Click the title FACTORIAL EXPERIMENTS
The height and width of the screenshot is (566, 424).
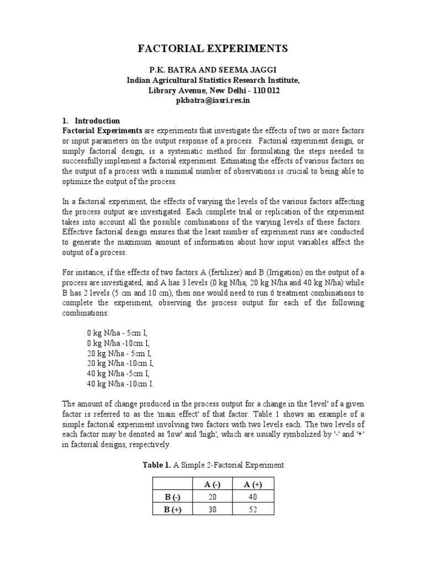click(213, 49)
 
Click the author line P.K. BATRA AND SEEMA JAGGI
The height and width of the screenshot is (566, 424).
click(213, 70)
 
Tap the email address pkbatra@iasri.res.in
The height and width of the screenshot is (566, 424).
click(213, 100)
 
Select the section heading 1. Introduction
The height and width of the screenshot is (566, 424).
click(91, 120)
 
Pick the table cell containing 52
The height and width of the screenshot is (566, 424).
click(253, 510)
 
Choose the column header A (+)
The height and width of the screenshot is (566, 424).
click(253, 484)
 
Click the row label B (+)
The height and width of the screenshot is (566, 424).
click(173, 510)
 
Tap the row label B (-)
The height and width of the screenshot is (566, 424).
click(173, 496)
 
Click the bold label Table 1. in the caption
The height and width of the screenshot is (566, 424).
click(157, 465)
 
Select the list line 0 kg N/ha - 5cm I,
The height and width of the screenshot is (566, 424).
click(118, 333)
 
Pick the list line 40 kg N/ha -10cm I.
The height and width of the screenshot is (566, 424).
click(120, 383)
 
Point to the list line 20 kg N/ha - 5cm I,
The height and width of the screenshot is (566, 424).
click(119, 353)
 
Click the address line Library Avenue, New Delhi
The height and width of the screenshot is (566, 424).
click(213, 90)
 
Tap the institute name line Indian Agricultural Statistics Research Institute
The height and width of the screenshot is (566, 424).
click(213, 80)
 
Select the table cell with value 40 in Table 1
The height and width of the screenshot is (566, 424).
click(253, 496)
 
